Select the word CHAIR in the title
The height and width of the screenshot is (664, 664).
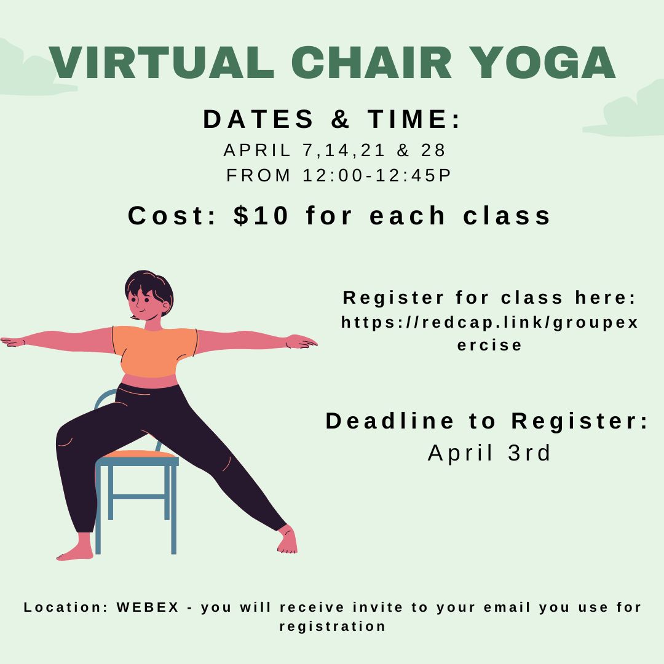point(372,62)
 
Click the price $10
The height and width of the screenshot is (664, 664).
point(261,216)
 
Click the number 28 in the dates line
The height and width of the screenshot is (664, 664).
point(434,150)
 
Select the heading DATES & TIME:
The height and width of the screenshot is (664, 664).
point(332,119)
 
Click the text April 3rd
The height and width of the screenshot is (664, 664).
point(490,453)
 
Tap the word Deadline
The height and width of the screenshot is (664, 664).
point(389,421)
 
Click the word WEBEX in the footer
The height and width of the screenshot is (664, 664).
point(148,607)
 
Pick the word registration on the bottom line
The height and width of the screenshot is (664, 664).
point(333,626)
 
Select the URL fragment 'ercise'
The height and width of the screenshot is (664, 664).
point(490,345)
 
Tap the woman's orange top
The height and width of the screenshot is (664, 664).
point(154,350)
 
